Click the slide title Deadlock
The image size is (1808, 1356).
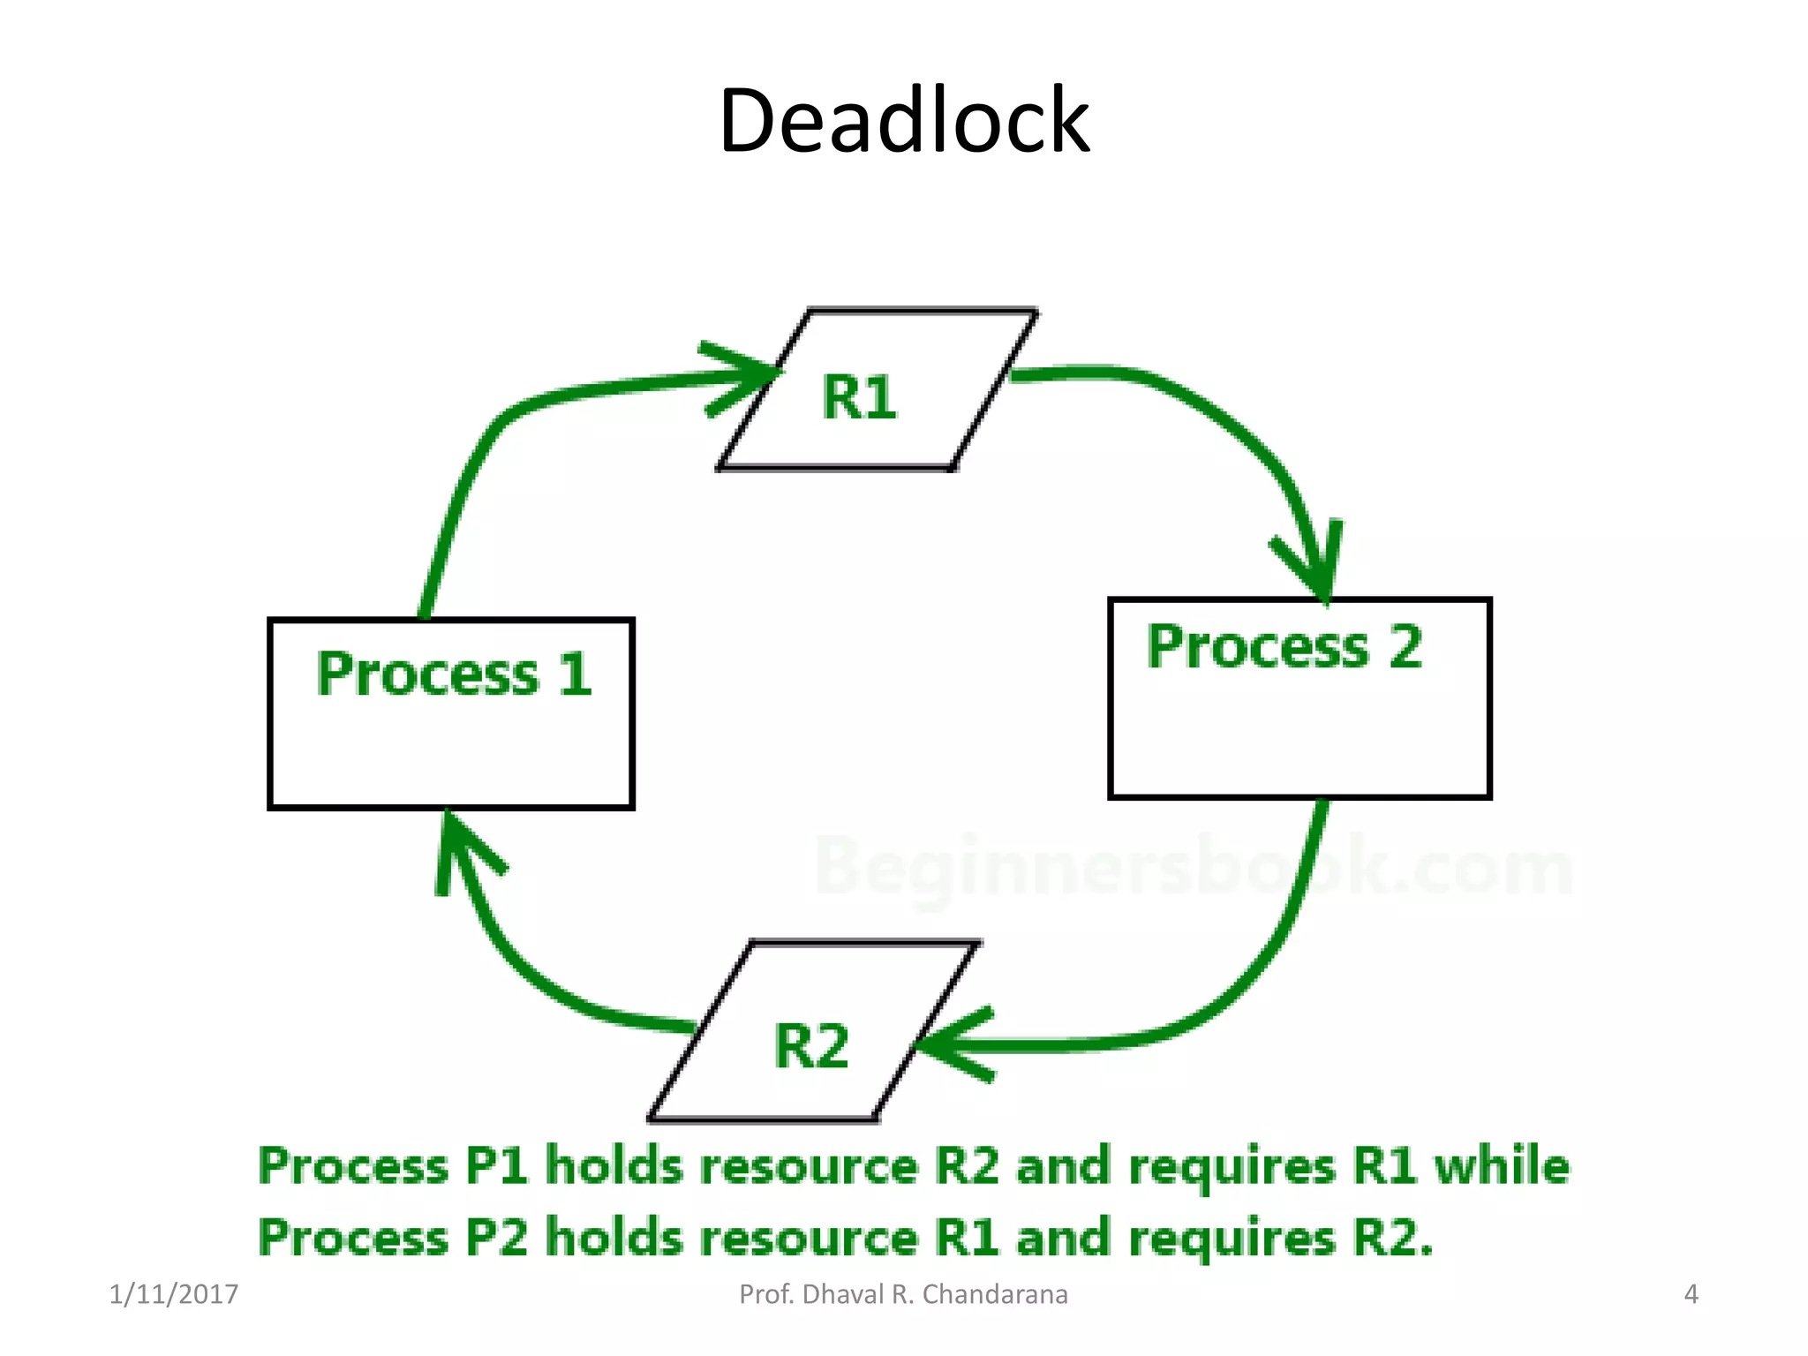pos(904,121)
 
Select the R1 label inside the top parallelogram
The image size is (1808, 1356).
pos(859,397)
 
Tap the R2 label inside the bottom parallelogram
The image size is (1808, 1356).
pos(810,1046)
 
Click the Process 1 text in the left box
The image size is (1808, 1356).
pos(454,674)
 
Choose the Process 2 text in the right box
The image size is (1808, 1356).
pos(1284,647)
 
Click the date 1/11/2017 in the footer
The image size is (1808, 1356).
pos(173,1294)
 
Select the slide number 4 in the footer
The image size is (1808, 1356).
pos(1691,1294)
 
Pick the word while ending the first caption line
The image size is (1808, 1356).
pos(1502,1165)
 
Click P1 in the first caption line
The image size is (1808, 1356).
pos(495,1165)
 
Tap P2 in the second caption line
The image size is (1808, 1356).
pos(495,1238)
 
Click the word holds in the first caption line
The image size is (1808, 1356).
pos(614,1165)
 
